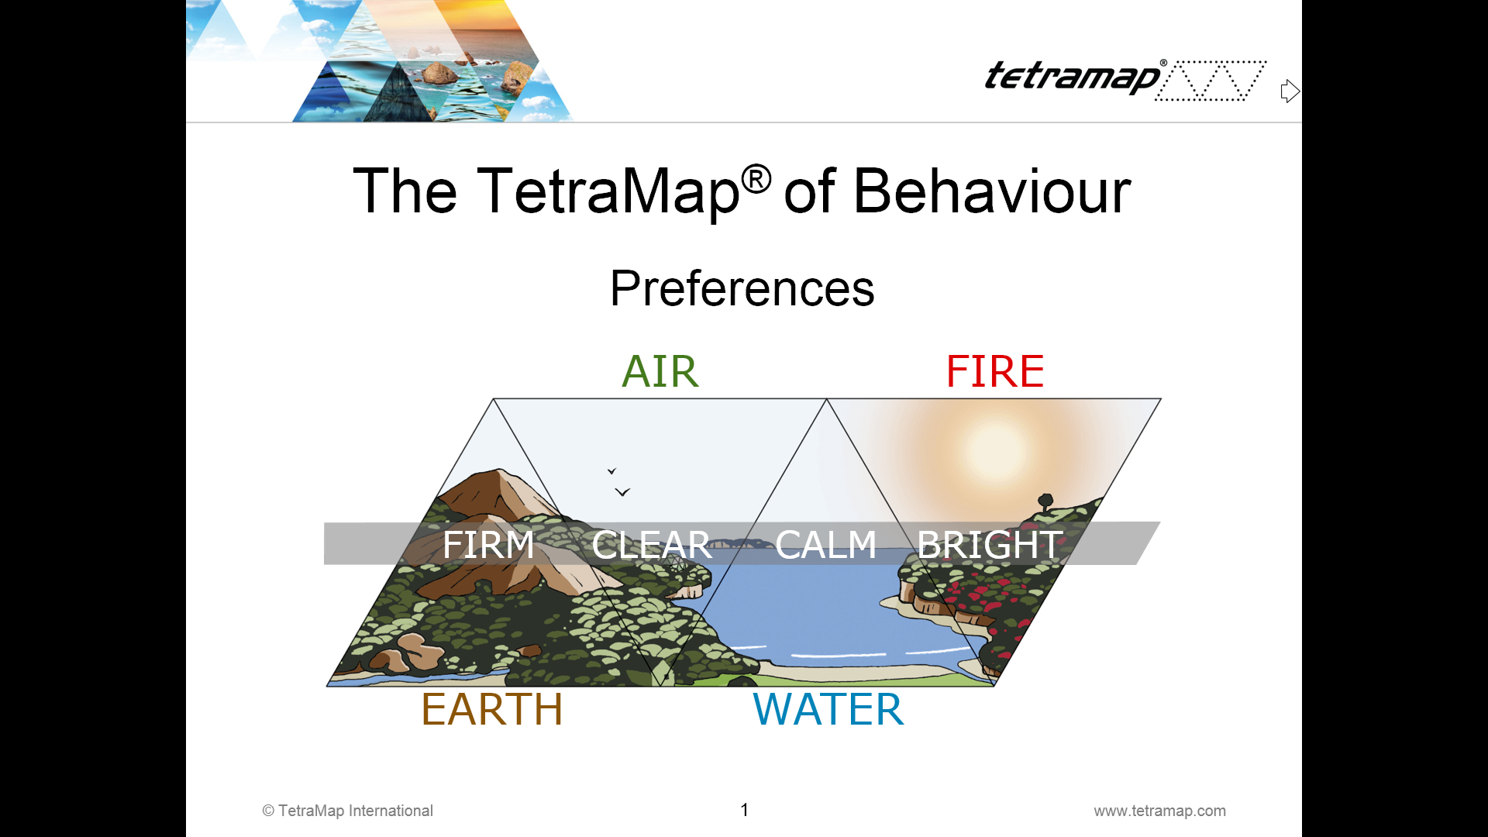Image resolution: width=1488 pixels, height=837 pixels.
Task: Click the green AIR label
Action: pyautogui.click(x=660, y=371)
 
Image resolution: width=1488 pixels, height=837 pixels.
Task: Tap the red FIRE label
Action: pyautogui.click(x=995, y=371)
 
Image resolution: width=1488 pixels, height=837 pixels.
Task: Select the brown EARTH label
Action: pyautogui.click(x=492, y=709)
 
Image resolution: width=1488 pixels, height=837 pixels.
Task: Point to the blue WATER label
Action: pyautogui.click(x=828, y=709)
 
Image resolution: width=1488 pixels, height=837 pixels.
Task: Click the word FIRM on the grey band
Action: pyautogui.click(x=488, y=544)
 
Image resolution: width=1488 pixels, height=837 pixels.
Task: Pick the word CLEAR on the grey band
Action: pyautogui.click(x=652, y=545)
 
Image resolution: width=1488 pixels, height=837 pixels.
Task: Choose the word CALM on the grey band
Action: pyautogui.click(x=826, y=544)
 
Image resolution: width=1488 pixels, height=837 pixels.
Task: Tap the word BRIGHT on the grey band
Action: pyautogui.click(x=990, y=544)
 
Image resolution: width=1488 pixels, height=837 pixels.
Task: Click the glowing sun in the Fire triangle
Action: pyautogui.click(x=996, y=452)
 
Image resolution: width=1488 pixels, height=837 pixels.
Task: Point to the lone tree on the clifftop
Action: pyautogui.click(x=1045, y=501)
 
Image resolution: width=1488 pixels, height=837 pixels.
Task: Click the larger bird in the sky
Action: pyautogui.click(x=622, y=492)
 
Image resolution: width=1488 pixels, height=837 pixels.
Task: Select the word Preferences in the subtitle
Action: pyautogui.click(x=742, y=288)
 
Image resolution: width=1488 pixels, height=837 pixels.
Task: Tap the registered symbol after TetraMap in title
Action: pyautogui.click(x=756, y=180)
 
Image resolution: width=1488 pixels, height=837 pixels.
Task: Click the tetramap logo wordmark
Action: pyautogui.click(x=1073, y=77)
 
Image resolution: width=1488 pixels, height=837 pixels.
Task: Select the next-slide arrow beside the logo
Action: pyautogui.click(x=1290, y=91)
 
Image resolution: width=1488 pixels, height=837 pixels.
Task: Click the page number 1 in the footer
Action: pyautogui.click(x=745, y=810)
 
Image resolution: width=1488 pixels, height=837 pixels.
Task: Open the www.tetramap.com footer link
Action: pyautogui.click(x=1159, y=811)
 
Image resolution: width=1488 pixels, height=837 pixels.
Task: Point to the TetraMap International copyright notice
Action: pyautogui.click(x=347, y=811)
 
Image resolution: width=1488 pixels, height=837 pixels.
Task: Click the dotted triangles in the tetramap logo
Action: pyautogui.click(x=1211, y=81)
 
